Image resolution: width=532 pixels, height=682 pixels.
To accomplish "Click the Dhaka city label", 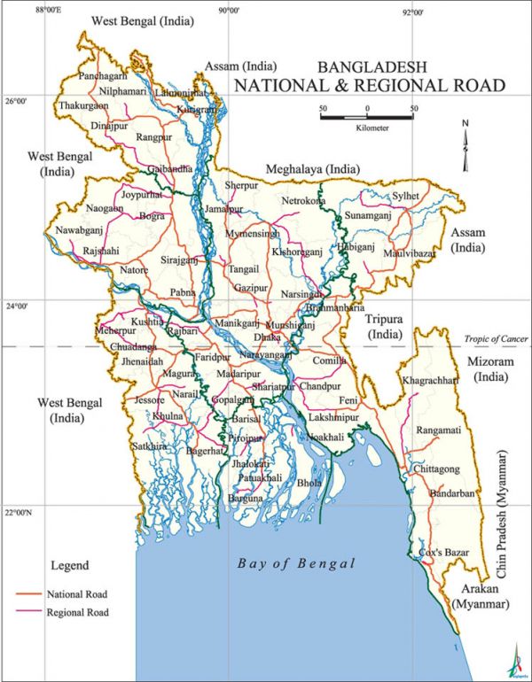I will click(x=267, y=337).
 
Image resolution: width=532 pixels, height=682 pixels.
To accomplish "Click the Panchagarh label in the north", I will click(x=104, y=76).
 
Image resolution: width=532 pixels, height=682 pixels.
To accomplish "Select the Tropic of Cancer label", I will click(x=494, y=338).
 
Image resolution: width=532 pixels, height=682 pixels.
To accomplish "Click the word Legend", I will click(x=69, y=564).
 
